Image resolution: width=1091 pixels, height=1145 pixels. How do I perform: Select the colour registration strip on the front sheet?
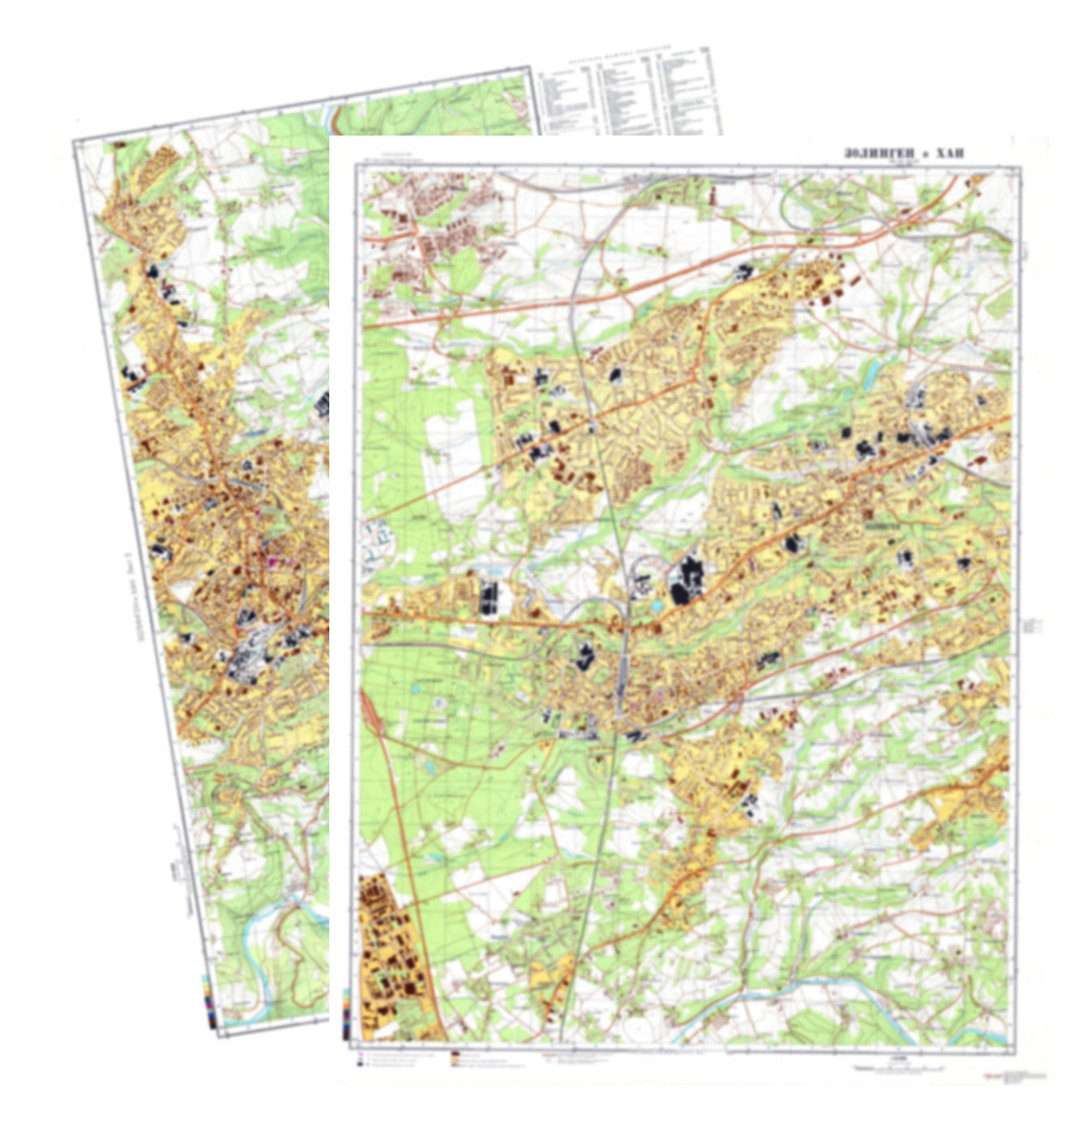(347, 1014)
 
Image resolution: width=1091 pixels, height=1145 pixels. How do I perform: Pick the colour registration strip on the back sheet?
(209, 1001)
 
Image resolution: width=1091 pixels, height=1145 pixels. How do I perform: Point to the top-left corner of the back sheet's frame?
(75, 143)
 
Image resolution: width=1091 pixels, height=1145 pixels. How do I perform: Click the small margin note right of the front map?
(1032, 625)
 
